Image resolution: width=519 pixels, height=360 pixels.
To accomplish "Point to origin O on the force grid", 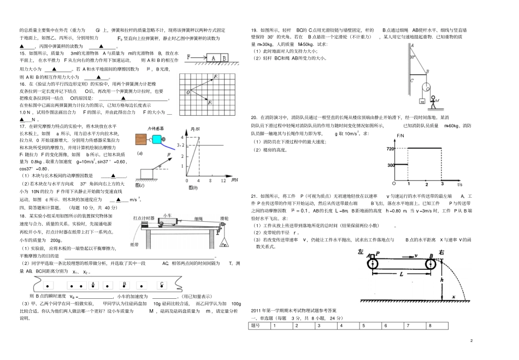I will pyautogui.click(x=187, y=92).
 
